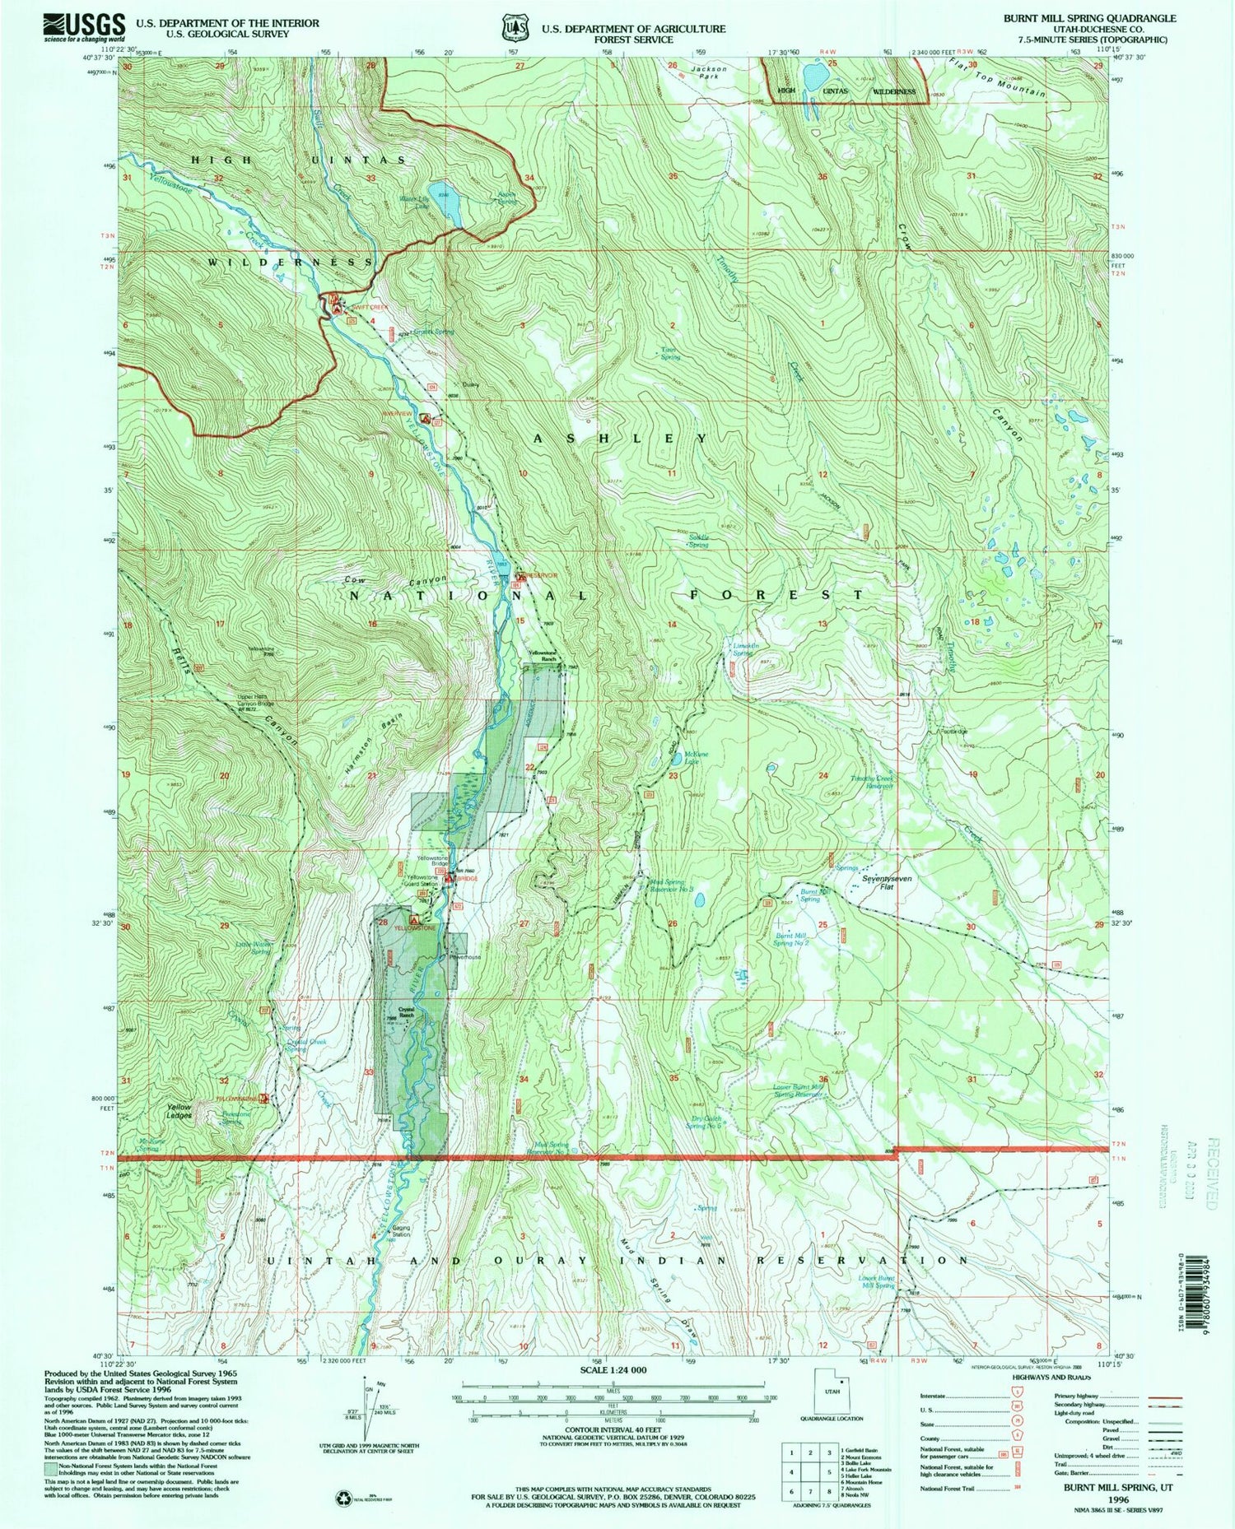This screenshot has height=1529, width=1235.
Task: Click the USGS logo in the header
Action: click(x=83, y=27)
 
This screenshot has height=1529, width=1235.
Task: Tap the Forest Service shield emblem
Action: click(x=515, y=28)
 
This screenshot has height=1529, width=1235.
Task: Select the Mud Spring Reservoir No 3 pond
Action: click(x=698, y=900)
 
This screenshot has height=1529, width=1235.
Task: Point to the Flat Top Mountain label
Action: click(x=997, y=78)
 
